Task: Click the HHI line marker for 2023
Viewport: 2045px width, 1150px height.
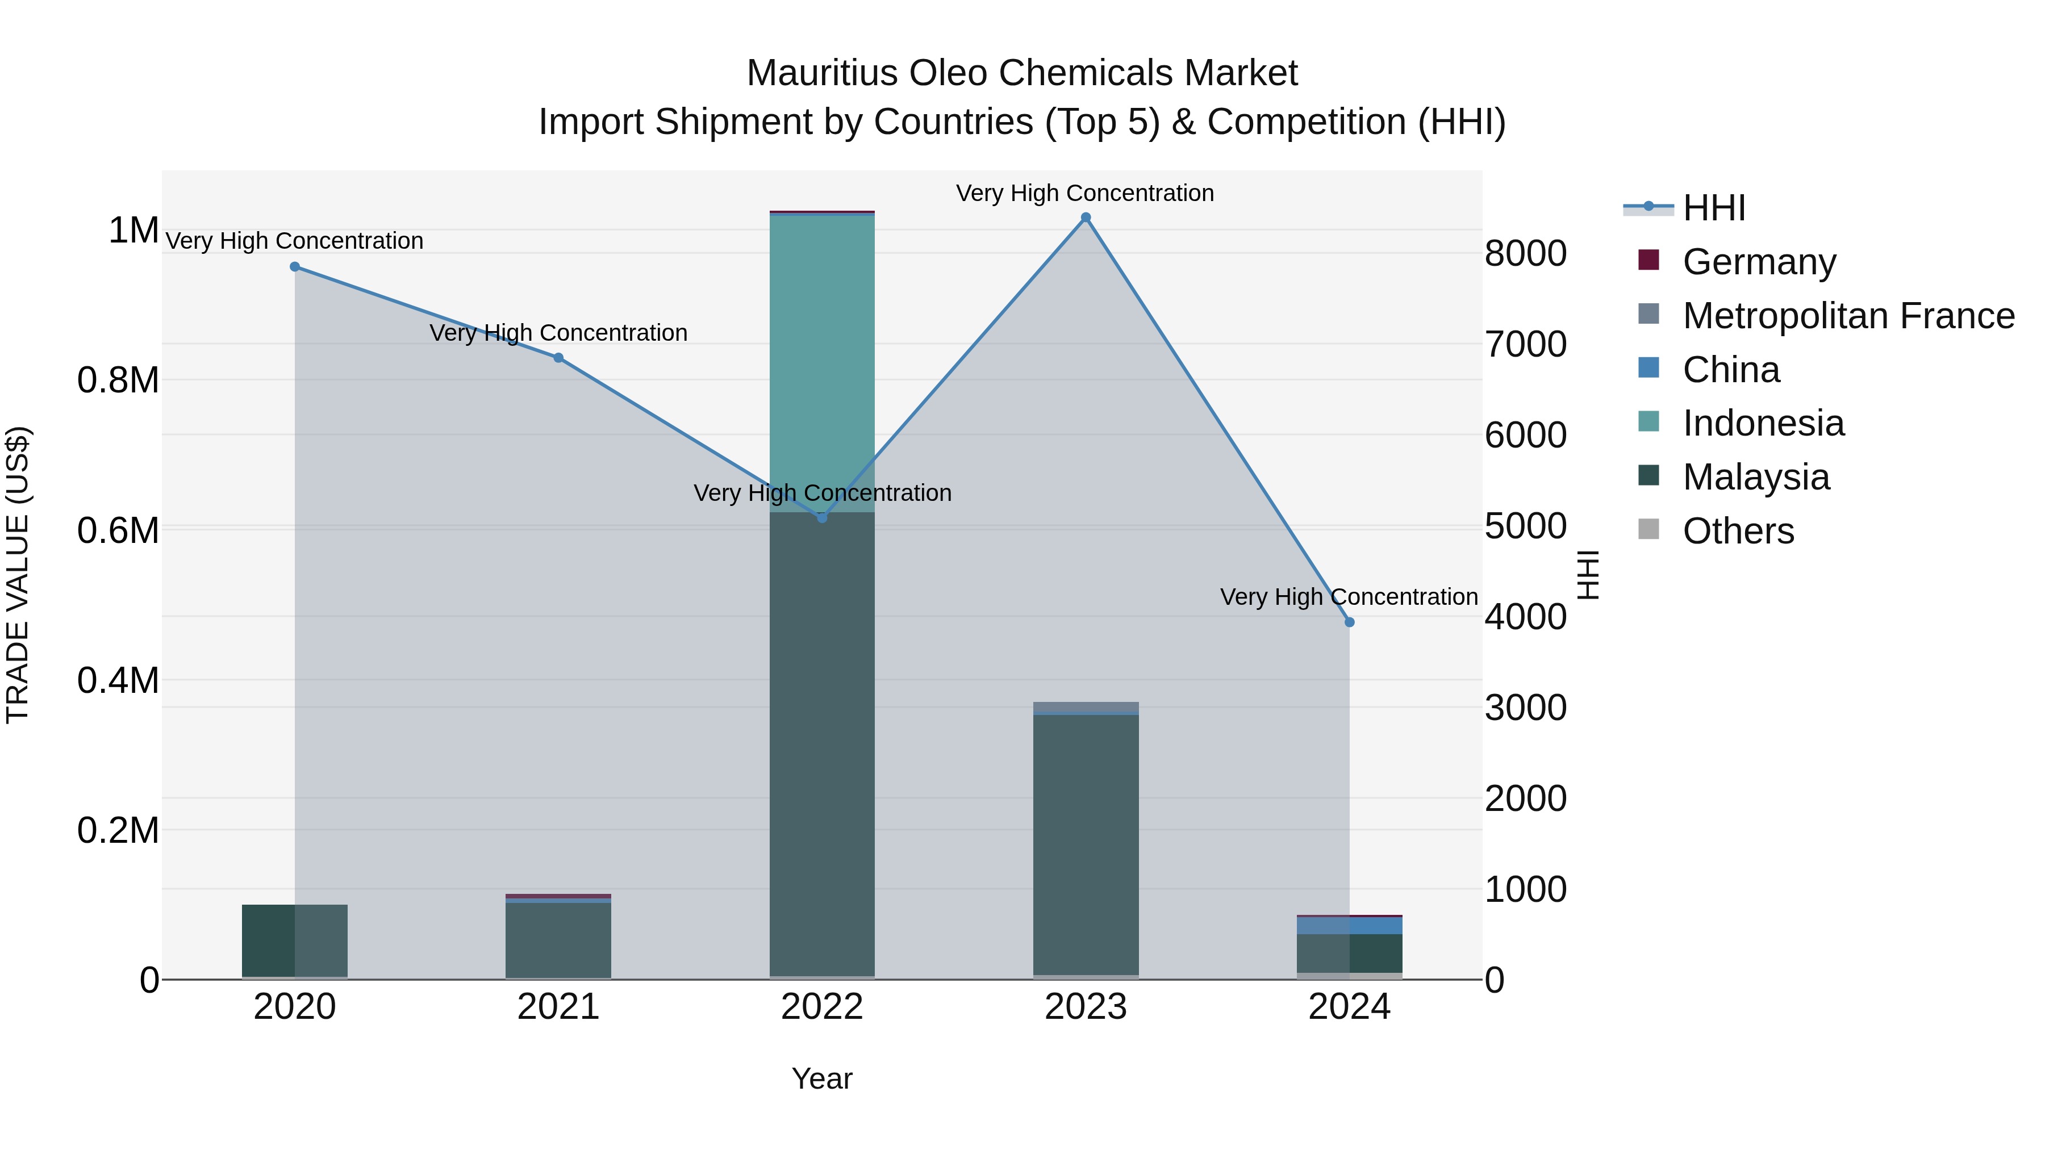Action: coord(1085,218)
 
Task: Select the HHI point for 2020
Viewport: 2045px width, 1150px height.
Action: coord(294,267)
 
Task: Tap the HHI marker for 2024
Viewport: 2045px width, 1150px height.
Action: coord(1349,622)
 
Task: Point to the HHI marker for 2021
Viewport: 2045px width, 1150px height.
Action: coord(558,358)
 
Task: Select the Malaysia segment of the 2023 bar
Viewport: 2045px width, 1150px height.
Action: coord(1085,841)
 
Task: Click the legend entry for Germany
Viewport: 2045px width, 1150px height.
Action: coord(1758,262)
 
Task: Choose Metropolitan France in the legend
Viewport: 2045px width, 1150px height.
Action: coord(1847,316)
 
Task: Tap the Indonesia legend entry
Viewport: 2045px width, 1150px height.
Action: coord(1762,423)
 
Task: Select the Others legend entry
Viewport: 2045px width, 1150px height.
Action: coord(1737,531)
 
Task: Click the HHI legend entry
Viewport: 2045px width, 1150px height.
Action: coord(1713,208)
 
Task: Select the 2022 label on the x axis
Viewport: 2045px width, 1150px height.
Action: coord(821,1007)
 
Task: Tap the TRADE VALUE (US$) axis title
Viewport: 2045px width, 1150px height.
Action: coord(18,575)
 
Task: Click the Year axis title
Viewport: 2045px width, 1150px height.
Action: coord(821,1078)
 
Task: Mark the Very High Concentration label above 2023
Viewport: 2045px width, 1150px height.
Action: coord(1084,193)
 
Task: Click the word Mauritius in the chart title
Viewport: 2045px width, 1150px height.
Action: coord(821,73)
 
